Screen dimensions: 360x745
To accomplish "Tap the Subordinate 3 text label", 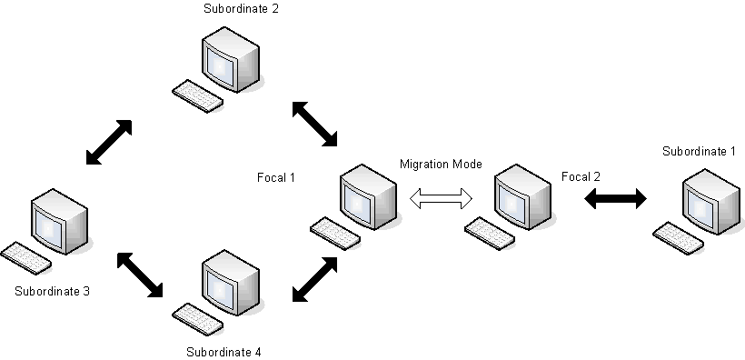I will (x=53, y=292).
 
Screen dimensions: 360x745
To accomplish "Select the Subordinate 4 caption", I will (x=223, y=351).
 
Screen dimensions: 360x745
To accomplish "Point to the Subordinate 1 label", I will (x=699, y=150).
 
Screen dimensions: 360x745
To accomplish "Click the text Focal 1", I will (x=276, y=176).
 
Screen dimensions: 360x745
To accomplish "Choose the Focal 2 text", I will (x=581, y=176).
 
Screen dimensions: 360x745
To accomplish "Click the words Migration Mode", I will (x=441, y=164).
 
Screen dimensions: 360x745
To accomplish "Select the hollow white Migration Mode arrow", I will (x=442, y=198).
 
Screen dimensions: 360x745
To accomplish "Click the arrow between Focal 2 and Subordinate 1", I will (x=614, y=198).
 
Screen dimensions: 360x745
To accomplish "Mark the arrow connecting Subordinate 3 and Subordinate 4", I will (x=140, y=275).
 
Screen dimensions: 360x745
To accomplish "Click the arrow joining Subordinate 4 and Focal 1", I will (x=314, y=278).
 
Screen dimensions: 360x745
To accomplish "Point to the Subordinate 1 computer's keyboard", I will (x=679, y=237).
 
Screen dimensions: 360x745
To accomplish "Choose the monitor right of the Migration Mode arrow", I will (x=523, y=194).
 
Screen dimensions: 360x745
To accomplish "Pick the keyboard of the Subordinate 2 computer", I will (x=197, y=95).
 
